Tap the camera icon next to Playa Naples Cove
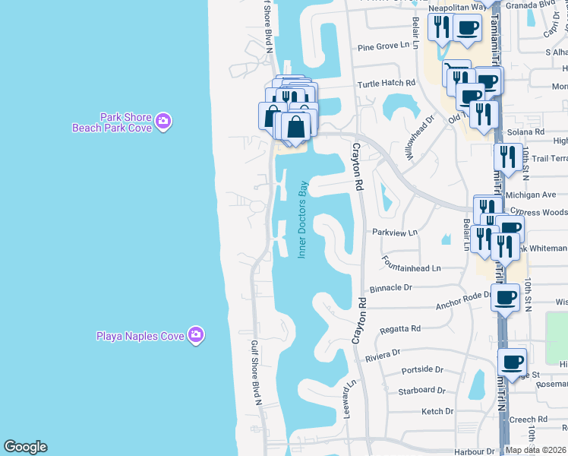coord(196,334)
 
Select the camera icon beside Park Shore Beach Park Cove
coord(163,122)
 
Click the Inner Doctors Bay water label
coord(302,219)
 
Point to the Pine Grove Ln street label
coord(388,47)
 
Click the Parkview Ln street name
coord(395,233)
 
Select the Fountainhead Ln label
coord(412,268)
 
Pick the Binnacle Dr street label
coord(390,288)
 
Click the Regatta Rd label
coord(404,329)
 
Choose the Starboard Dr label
coord(421,391)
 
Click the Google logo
coord(25,447)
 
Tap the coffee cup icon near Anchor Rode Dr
coord(505,297)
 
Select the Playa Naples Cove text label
coord(141,335)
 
